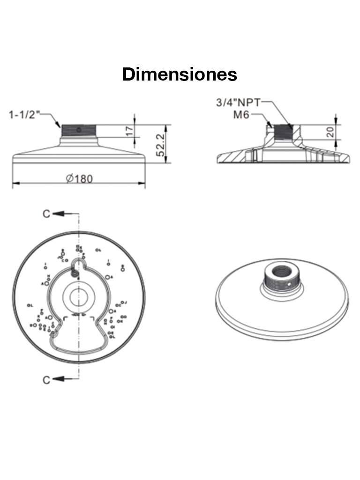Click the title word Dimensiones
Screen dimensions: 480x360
pyautogui.click(x=180, y=74)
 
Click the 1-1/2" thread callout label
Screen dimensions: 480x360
pyautogui.click(x=25, y=114)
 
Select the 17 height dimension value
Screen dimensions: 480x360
pyautogui.click(x=130, y=131)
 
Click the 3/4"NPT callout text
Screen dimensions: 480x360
pyautogui.click(x=238, y=103)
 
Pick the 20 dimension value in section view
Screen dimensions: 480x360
pyautogui.click(x=330, y=132)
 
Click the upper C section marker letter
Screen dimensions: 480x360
pyautogui.click(x=46, y=214)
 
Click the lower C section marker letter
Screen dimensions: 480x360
pyautogui.click(x=46, y=379)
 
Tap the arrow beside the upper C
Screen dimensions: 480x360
pyautogui.click(x=59, y=214)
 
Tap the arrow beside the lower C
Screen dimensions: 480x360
pyautogui.click(x=59, y=379)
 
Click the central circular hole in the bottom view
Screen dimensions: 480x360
pyautogui.click(x=78, y=295)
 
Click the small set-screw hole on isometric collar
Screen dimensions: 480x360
pyautogui.click(x=291, y=283)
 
